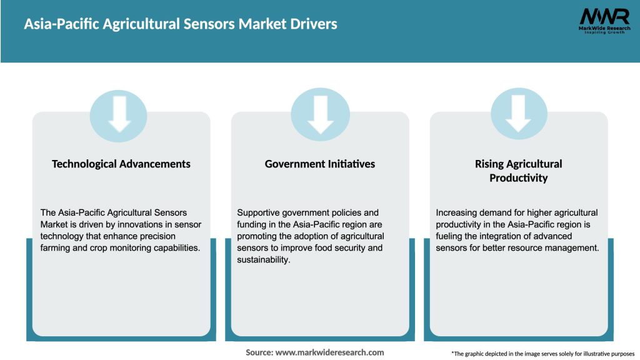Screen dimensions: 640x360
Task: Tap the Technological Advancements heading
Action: click(121, 164)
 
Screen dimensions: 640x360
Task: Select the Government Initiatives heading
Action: click(320, 164)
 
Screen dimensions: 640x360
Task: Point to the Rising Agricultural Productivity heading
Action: click(518, 171)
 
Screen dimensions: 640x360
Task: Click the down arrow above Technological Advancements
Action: click(119, 114)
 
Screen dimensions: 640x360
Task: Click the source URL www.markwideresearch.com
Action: click(329, 352)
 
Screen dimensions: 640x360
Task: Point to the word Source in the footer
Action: click(259, 352)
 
